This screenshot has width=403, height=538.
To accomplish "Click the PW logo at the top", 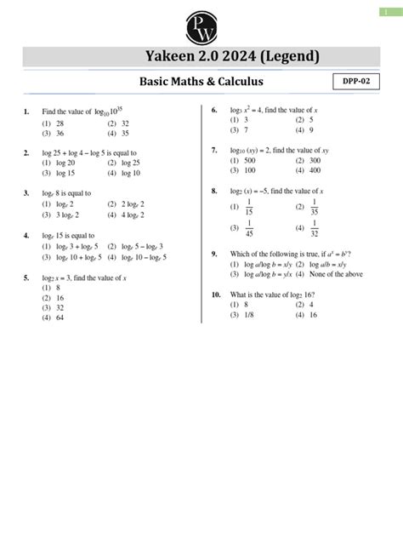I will click(x=201, y=23).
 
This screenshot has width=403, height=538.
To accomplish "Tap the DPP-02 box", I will click(x=355, y=82).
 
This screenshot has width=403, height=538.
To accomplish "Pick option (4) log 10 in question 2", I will click(x=125, y=173).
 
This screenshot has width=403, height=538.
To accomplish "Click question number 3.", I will click(x=27, y=193).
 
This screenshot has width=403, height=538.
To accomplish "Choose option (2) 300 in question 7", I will click(x=308, y=160).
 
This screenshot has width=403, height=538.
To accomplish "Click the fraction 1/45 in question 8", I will click(x=249, y=228).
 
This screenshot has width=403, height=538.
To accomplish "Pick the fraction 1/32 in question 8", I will click(x=315, y=228).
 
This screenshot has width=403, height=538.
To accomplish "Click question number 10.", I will click(x=216, y=294).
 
